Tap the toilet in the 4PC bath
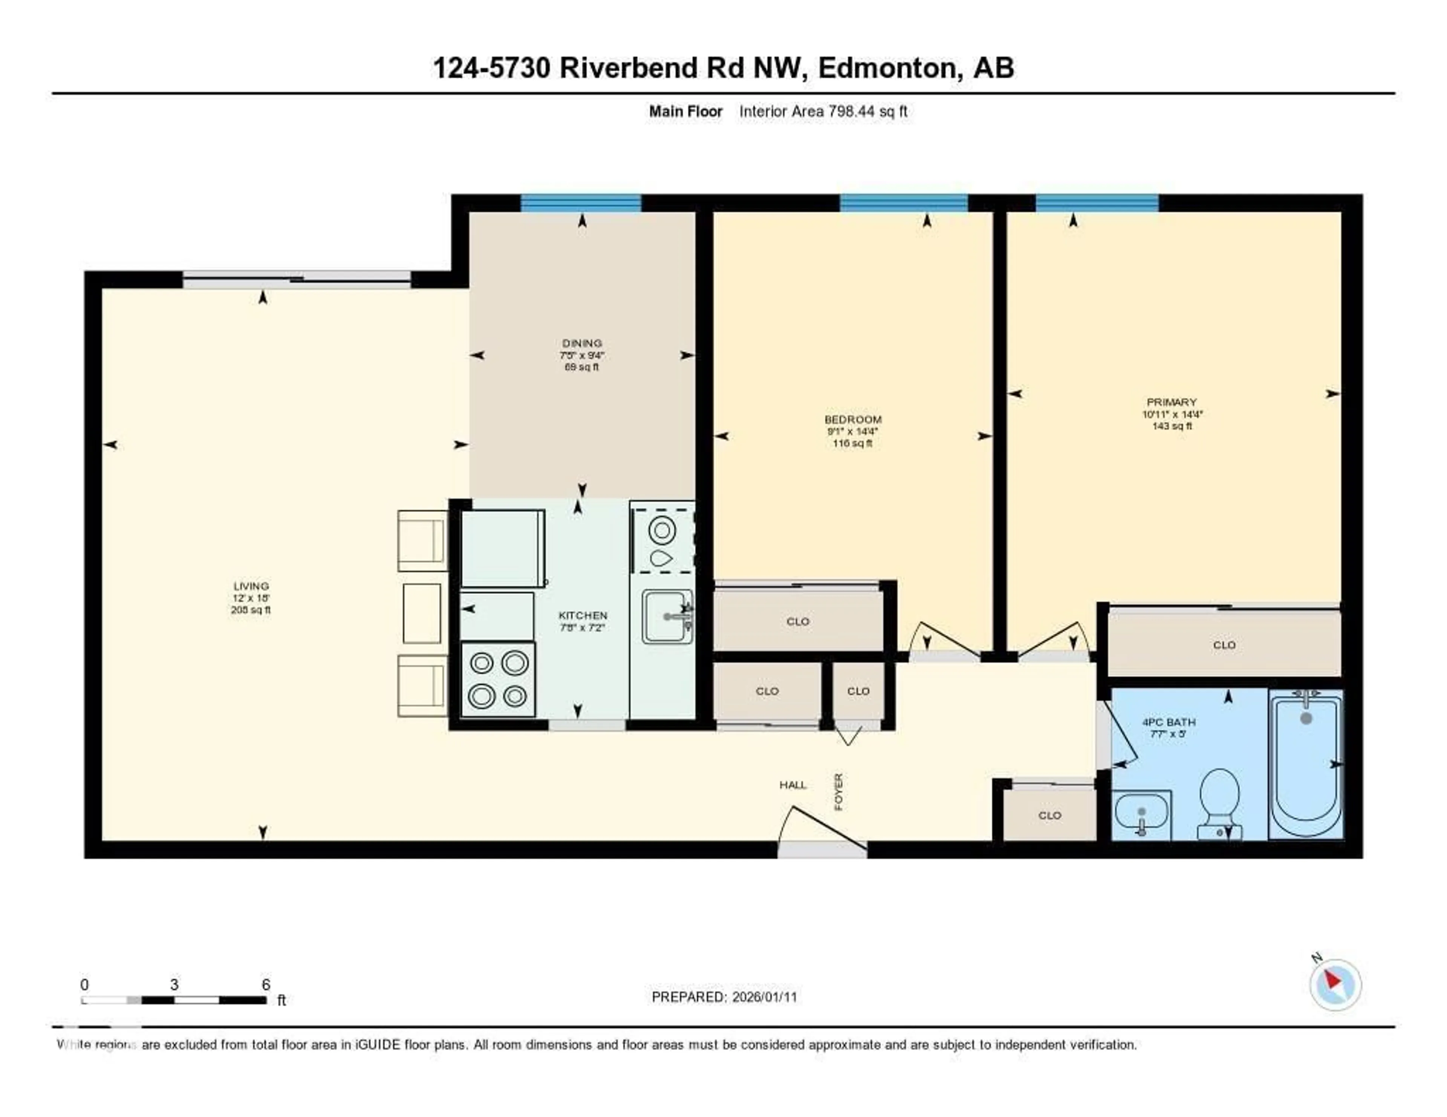point(1219,803)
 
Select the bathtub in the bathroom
point(1305,763)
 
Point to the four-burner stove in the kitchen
point(497,679)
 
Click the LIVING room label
point(251,586)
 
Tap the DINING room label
point(582,343)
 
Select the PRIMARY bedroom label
point(1172,402)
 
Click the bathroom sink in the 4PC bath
point(1141,815)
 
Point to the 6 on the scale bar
point(266,984)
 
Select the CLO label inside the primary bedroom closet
point(1224,645)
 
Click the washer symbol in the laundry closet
point(661,530)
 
